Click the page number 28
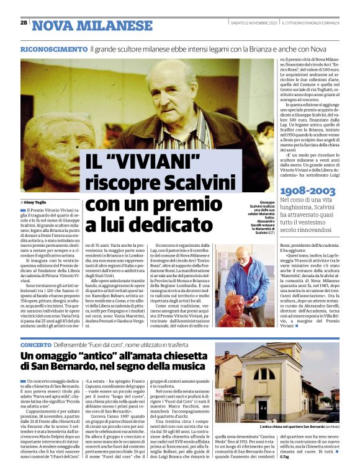coord(24,22)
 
